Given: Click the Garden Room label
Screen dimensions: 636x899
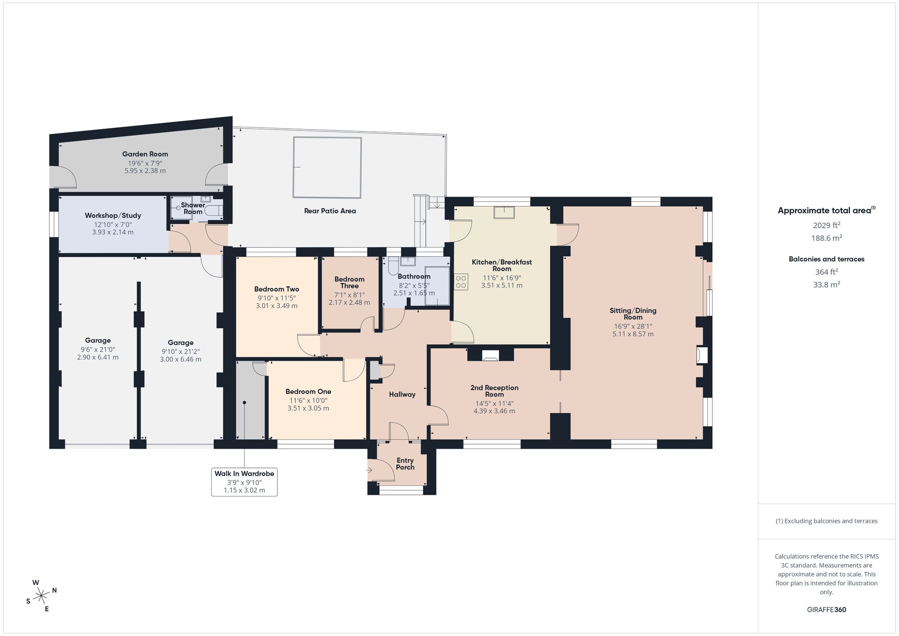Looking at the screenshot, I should (x=145, y=154).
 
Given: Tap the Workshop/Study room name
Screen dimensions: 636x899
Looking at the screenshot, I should (x=113, y=215).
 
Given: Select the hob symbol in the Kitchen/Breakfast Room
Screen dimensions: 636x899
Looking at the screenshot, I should (x=461, y=282).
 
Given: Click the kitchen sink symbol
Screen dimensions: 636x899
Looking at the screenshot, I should (x=504, y=212).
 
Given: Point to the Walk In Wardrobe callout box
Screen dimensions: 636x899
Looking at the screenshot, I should (x=244, y=482).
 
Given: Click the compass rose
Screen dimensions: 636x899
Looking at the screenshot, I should (x=41, y=596).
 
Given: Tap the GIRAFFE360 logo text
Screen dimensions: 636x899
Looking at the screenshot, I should (x=826, y=610).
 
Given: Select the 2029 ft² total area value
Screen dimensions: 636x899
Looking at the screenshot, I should (x=826, y=225).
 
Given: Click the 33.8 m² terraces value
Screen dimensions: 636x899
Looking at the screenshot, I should (x=826, y=284).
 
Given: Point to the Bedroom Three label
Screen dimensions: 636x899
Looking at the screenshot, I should (x=349, y=282).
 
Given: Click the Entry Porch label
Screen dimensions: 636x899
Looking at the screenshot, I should (x=405, y=464).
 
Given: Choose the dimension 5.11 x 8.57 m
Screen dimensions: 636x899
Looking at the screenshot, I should (x=633, y=334).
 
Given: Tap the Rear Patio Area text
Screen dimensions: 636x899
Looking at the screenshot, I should (x=330, y=211).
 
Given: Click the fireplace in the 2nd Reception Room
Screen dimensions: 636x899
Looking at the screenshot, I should (x=490, y=356).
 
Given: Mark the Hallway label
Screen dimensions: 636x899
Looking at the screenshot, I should (x=402, y=394).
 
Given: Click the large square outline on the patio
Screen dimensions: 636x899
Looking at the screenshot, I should (x=327, y=167).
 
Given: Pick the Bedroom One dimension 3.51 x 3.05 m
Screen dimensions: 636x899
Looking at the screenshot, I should (x=308, y=408).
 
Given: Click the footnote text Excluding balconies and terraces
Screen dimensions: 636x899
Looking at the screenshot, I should (x=826, y=521).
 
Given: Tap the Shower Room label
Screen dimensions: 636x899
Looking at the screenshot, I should (x=193, y=208).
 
